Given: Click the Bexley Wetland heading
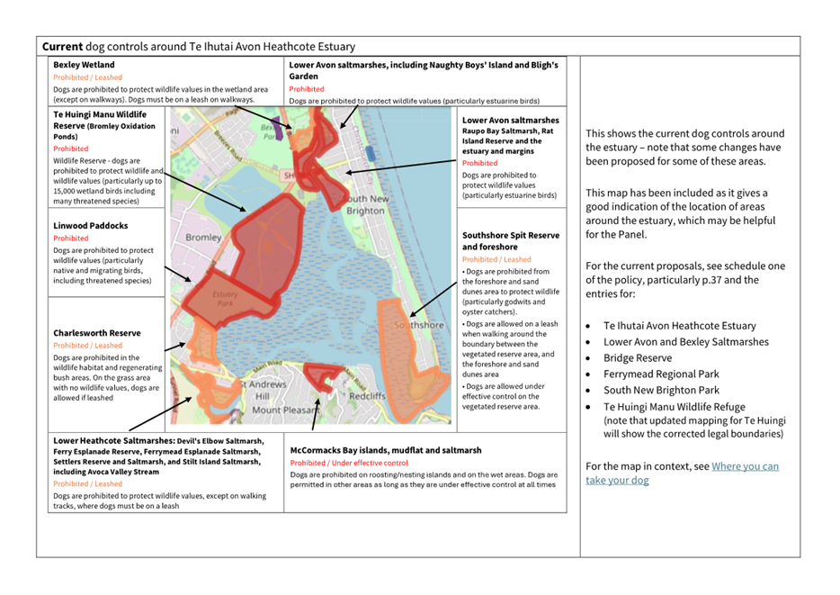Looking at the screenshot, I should tap(84, 65).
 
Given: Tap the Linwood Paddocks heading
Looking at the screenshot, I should tap(90, 225).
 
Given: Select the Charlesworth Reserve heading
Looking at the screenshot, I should tap(96, 333).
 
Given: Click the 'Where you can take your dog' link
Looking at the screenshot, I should tap(682, 473).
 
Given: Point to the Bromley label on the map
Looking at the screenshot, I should tap(203, 238).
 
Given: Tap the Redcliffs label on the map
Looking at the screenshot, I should tap(367, 396).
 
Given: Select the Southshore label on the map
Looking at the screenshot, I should tap(420, 325).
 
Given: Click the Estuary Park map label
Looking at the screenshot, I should tap(225, 300).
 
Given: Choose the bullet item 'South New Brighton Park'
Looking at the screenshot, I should tap(661, 390).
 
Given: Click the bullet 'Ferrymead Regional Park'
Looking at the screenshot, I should tap(661, 374).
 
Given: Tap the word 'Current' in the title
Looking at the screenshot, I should tap(62, 46).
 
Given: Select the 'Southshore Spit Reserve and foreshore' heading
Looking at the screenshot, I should tap(510, 240).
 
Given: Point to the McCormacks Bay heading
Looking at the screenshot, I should tap(386, 450).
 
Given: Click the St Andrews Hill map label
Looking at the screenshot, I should tap(264, 390).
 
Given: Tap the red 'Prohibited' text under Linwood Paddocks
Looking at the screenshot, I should tap(71, 239).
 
